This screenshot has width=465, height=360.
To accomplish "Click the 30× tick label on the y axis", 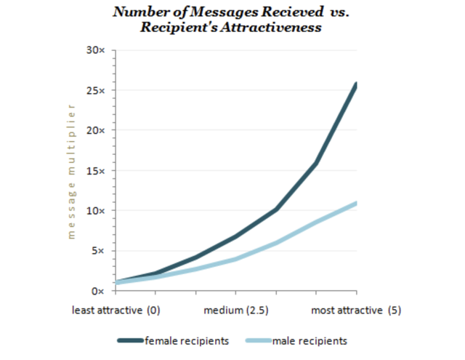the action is (95, 50).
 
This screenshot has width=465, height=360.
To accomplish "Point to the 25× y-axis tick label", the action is (95, 90).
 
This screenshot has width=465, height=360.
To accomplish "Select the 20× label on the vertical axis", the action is (95, 130).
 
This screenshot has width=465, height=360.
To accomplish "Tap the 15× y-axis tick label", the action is (95, 171).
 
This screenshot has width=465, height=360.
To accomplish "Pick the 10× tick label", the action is (95, 211).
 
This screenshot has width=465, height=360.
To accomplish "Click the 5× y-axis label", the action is (98, 251).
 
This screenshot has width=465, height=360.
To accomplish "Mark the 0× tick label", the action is (98, 291).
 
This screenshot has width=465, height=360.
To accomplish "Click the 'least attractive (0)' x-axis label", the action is (116, 310).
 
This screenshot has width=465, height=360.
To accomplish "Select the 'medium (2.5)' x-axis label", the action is (235, 310).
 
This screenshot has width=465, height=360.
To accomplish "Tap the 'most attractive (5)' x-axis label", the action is (356, 310).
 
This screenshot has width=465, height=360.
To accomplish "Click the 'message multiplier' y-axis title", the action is (71, 172).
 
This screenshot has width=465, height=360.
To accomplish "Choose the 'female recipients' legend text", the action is (187, 340).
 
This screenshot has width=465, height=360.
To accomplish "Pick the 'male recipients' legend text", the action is (310, 340).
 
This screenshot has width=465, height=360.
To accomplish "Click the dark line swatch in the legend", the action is (131, 340).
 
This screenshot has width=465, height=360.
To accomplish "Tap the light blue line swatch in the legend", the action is (259, 340).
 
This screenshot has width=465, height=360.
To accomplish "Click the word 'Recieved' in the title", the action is (292, 12).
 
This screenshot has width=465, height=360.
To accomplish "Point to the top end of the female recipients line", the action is (357, 84).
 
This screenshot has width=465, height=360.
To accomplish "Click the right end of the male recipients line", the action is (357, 204).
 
